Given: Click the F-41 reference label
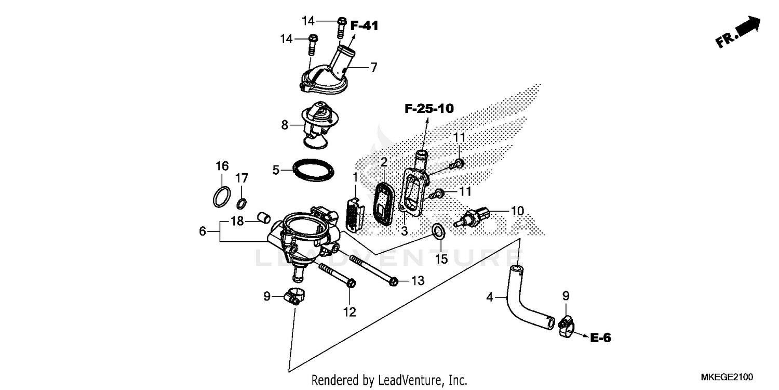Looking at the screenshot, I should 364,25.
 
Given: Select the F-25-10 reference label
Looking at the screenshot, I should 429,109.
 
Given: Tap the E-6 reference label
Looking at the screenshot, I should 600,338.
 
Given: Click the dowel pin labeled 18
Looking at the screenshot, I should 264,217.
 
